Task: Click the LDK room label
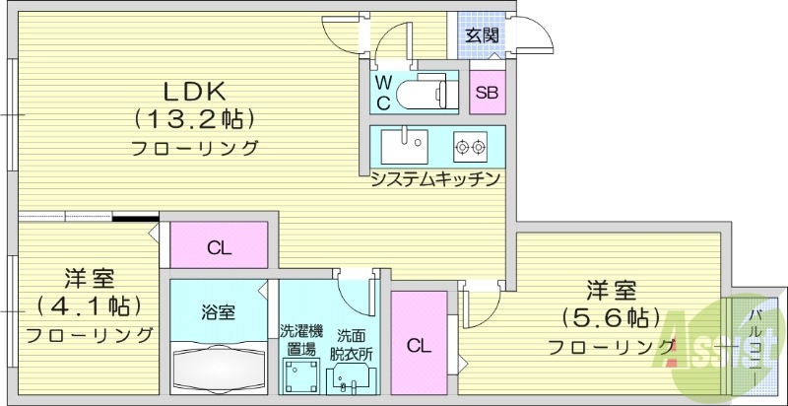(195, 91)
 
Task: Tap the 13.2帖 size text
(195, 119)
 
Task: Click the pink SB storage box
(487, 93)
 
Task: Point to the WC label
(384, 91)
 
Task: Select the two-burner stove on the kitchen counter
(470, 148)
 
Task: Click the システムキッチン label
(436, 179)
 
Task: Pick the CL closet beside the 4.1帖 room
(219, 246)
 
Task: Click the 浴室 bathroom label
(219, 312)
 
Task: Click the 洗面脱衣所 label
(351, 342)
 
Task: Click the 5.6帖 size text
(611, 317)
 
